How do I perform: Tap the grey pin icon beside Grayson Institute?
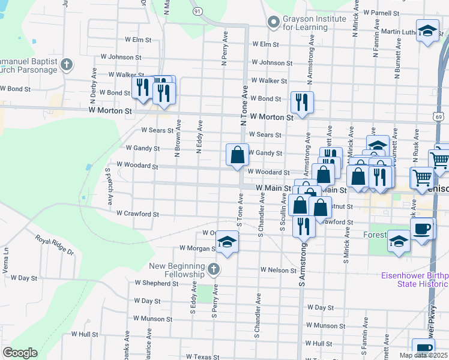(x=274, y=22)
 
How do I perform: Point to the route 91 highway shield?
(x=197, y=11)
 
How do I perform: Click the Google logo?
(x=20, y=353)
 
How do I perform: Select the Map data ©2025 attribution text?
(x=423, y=355)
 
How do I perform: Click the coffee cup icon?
(x=422, y=229)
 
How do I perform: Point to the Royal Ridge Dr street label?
(x=54, y=245)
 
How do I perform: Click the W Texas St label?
(x=203, y=356)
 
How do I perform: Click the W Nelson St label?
(x=279, y=271)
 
